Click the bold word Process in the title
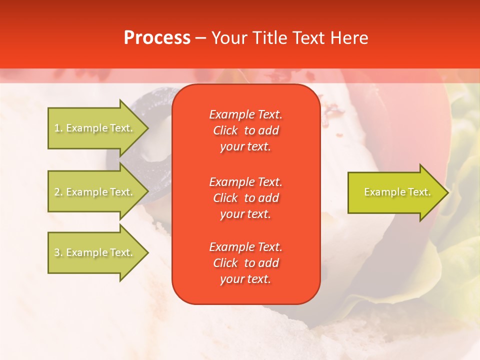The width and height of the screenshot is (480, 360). [157, 38]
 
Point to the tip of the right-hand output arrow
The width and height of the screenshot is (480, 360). [447, 192]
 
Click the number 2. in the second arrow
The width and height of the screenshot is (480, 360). [58, 192]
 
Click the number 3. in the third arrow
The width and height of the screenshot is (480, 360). [58, 252]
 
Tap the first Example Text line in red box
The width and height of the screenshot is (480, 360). [245, 114]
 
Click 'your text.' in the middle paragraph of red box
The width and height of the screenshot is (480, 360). [245, 214]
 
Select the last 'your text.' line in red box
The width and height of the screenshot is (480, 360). [245, 279]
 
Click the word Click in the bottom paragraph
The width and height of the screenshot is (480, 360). [225, 263]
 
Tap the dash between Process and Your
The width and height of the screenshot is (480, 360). [200, 38]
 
